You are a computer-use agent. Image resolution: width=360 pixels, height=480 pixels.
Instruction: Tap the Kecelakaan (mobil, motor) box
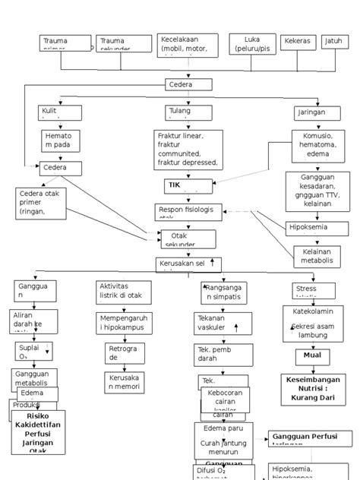pyautogui.click(x=188, y=45)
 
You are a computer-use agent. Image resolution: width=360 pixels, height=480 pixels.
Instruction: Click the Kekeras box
pyautogui.click(x=298, y=43)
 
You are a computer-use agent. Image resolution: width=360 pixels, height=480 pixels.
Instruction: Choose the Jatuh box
pyautogui.click(x=333, y=43)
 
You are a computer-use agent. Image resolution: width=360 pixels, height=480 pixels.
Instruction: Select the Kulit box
pyautogui.click(x=60, y=112)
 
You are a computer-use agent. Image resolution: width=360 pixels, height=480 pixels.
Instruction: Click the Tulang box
pyautogui.click(x=188, y=112)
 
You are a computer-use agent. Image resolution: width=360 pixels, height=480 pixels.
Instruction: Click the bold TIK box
pyautogui.click(x=188, y=186)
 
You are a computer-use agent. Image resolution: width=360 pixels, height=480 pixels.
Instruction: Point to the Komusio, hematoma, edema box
pyautogui.click(x=313, y=146)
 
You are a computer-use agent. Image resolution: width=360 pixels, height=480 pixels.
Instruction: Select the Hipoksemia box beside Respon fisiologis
pyautogui.click(x=310, y=226)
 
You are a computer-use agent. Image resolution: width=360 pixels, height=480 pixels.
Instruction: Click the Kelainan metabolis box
pyautogui.click(x=314, y=255)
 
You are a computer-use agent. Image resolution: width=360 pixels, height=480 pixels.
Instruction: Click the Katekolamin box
pyautogui.click(x=313, y=311)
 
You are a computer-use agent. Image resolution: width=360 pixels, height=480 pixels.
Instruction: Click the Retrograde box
pyautogui.click(x=122, y=352)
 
